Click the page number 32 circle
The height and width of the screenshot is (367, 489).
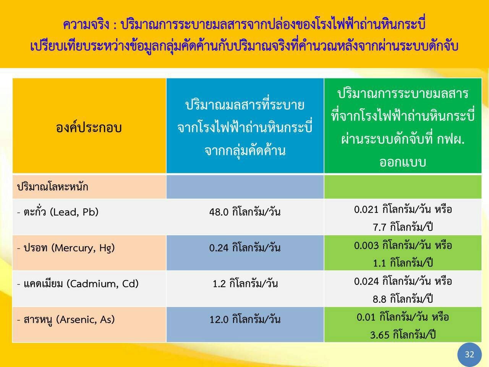470,354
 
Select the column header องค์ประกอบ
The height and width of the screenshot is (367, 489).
89,127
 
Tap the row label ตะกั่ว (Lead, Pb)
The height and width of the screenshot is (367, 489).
58,212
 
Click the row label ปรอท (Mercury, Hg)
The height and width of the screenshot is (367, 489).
66,248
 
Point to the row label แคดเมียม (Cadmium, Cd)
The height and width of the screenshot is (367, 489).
78,284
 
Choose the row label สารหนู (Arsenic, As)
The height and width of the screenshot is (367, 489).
66,320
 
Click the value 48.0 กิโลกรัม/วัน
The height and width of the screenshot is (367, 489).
245,212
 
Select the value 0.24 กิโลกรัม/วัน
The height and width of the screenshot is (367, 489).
245,248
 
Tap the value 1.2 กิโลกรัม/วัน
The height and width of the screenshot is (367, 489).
245,284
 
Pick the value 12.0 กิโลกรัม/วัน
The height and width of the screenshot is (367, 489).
245,320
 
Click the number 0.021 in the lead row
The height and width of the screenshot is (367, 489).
366,209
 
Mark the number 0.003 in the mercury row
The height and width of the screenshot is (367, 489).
366,245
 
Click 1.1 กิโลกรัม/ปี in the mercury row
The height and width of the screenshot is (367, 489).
403,263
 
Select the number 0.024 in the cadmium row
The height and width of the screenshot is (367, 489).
366,281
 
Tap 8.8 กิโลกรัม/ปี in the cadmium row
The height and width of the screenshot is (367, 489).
403,299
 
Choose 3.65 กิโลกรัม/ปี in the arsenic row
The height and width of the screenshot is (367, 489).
403,335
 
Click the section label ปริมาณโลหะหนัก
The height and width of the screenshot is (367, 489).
53,187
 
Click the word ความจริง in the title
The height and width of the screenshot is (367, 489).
86,24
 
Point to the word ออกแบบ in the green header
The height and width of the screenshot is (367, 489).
403,162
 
